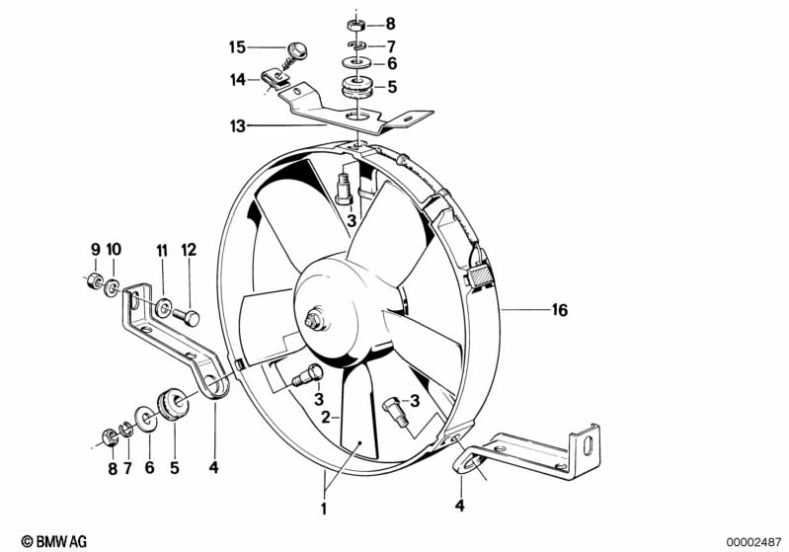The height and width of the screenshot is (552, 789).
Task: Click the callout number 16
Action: [x=560, y=310]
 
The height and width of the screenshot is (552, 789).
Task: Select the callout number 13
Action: [x=238, y=125]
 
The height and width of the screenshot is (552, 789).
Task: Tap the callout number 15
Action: [x=237, y=47]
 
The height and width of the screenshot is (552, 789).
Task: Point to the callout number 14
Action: [x=238, y=80]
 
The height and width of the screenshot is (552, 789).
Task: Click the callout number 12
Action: [x=190, y=250]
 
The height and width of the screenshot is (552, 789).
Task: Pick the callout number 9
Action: [x=96, y=249]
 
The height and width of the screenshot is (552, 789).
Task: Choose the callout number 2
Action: [x=326, y=417]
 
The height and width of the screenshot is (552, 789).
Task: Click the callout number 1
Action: [x=324, y=509]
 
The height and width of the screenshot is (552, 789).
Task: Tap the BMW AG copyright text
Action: [x=54, y=541]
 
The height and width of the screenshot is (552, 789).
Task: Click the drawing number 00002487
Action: [x=753, y=542]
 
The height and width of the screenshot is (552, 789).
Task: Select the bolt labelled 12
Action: [x=187, y=317]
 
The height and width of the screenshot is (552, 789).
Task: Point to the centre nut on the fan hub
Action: [x=313, y=321]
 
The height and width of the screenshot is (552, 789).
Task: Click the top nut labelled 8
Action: [x=356, y=24]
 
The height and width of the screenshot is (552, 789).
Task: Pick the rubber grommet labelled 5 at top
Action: [x=356, y=87]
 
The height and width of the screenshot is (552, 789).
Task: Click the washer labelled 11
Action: [x=163, y=307]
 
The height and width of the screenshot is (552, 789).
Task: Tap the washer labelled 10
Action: [x=112, y=288]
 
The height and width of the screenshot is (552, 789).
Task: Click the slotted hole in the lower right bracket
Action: [x=588, y=444]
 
